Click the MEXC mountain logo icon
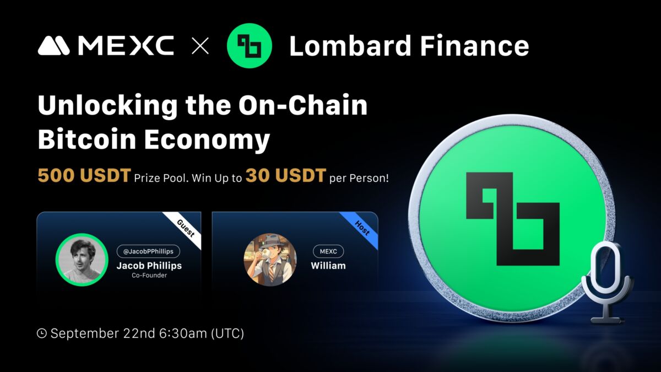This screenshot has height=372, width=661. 53,46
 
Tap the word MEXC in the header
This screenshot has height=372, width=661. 126,46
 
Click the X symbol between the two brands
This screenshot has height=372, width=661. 200,46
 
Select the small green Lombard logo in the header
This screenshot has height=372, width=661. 250,46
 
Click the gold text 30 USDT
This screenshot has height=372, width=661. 285,176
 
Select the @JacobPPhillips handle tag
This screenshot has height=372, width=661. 148,251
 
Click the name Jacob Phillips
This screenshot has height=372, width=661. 149,265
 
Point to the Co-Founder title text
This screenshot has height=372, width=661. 149,276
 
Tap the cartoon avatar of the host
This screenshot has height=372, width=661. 270,260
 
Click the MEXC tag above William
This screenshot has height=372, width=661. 328,251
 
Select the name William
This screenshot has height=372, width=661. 328,265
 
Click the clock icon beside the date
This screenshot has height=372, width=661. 41,333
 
